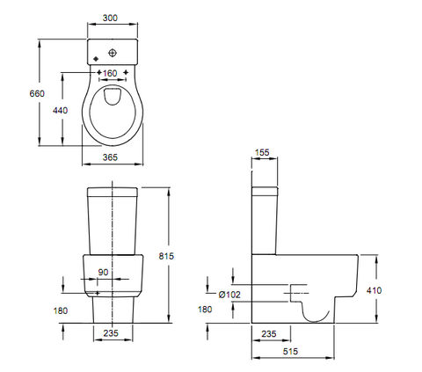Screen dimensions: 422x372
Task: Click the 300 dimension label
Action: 110,18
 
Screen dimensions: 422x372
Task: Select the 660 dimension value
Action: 37,93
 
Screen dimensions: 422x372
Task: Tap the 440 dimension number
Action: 60,110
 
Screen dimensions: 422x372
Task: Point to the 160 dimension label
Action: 110,73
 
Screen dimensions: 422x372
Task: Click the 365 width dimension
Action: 110,157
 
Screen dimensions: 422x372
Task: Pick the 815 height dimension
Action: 166,256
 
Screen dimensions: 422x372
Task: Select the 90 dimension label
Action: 103,273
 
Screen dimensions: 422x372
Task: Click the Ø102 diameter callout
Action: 229,295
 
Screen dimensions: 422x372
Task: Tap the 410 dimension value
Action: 375,290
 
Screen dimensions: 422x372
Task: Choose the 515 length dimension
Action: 290,351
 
